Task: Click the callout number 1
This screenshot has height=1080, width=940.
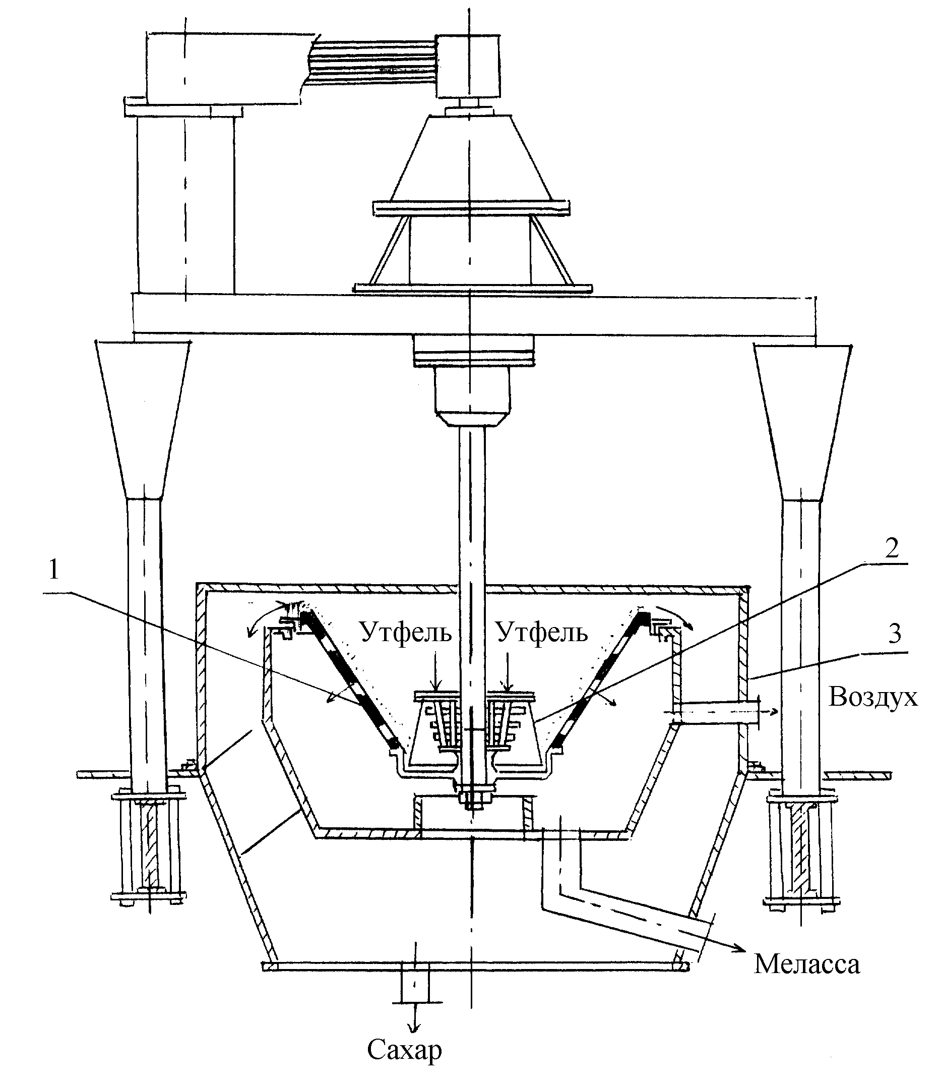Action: [x=53, y=571]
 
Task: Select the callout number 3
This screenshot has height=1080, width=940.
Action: [x=894, y=634]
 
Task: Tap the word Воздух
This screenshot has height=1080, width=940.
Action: [x=873, y=698]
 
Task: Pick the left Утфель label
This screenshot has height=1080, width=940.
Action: [x=407, y=632]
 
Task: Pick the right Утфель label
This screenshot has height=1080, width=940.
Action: [x=542, y=632]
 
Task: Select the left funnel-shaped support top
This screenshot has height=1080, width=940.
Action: [x=142, y=420]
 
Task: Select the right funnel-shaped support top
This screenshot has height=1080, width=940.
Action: [x=802, y=423]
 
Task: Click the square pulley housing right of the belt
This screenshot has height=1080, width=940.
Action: [x=468, y=66]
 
